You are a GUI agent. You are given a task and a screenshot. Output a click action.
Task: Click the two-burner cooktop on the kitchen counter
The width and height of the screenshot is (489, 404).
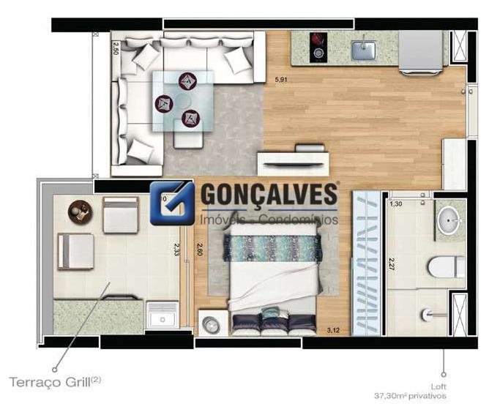click(x=319, y=46)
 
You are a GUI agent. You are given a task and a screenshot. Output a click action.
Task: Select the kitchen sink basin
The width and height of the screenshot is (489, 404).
click(x=363, y=50)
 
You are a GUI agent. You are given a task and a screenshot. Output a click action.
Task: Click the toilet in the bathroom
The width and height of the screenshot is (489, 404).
click(x=446, y=266)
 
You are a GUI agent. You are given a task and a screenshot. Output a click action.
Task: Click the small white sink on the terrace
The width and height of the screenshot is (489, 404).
click(x=160, y=317)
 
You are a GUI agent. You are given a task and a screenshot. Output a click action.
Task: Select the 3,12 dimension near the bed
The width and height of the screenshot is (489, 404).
click(x=332, y=330)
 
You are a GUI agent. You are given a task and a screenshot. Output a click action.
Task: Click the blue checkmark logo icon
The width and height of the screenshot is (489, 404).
click(x=172, y=203)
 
